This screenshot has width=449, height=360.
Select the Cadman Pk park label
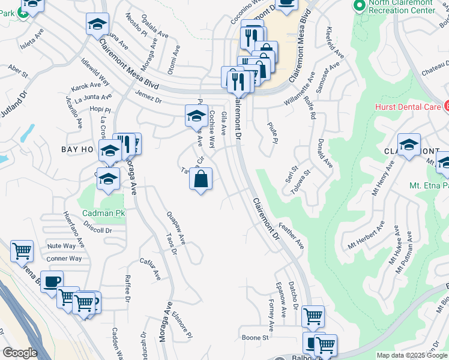[x=103, y=213]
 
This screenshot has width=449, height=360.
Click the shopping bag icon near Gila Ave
[x=201, y=178]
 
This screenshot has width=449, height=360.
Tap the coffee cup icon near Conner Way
[x=52, y=280]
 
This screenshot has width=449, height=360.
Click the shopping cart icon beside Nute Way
[x=22, y=250]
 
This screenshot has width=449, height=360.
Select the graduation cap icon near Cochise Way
[x=196, y=115]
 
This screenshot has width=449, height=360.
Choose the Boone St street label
[x=255, y=337]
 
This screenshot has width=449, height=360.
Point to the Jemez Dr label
[x=149, y=97]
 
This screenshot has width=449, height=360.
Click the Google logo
[x=20, y=353]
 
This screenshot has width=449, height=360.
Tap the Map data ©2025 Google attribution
[x=412, y=355]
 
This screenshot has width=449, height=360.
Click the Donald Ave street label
[x=325, y=154]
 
